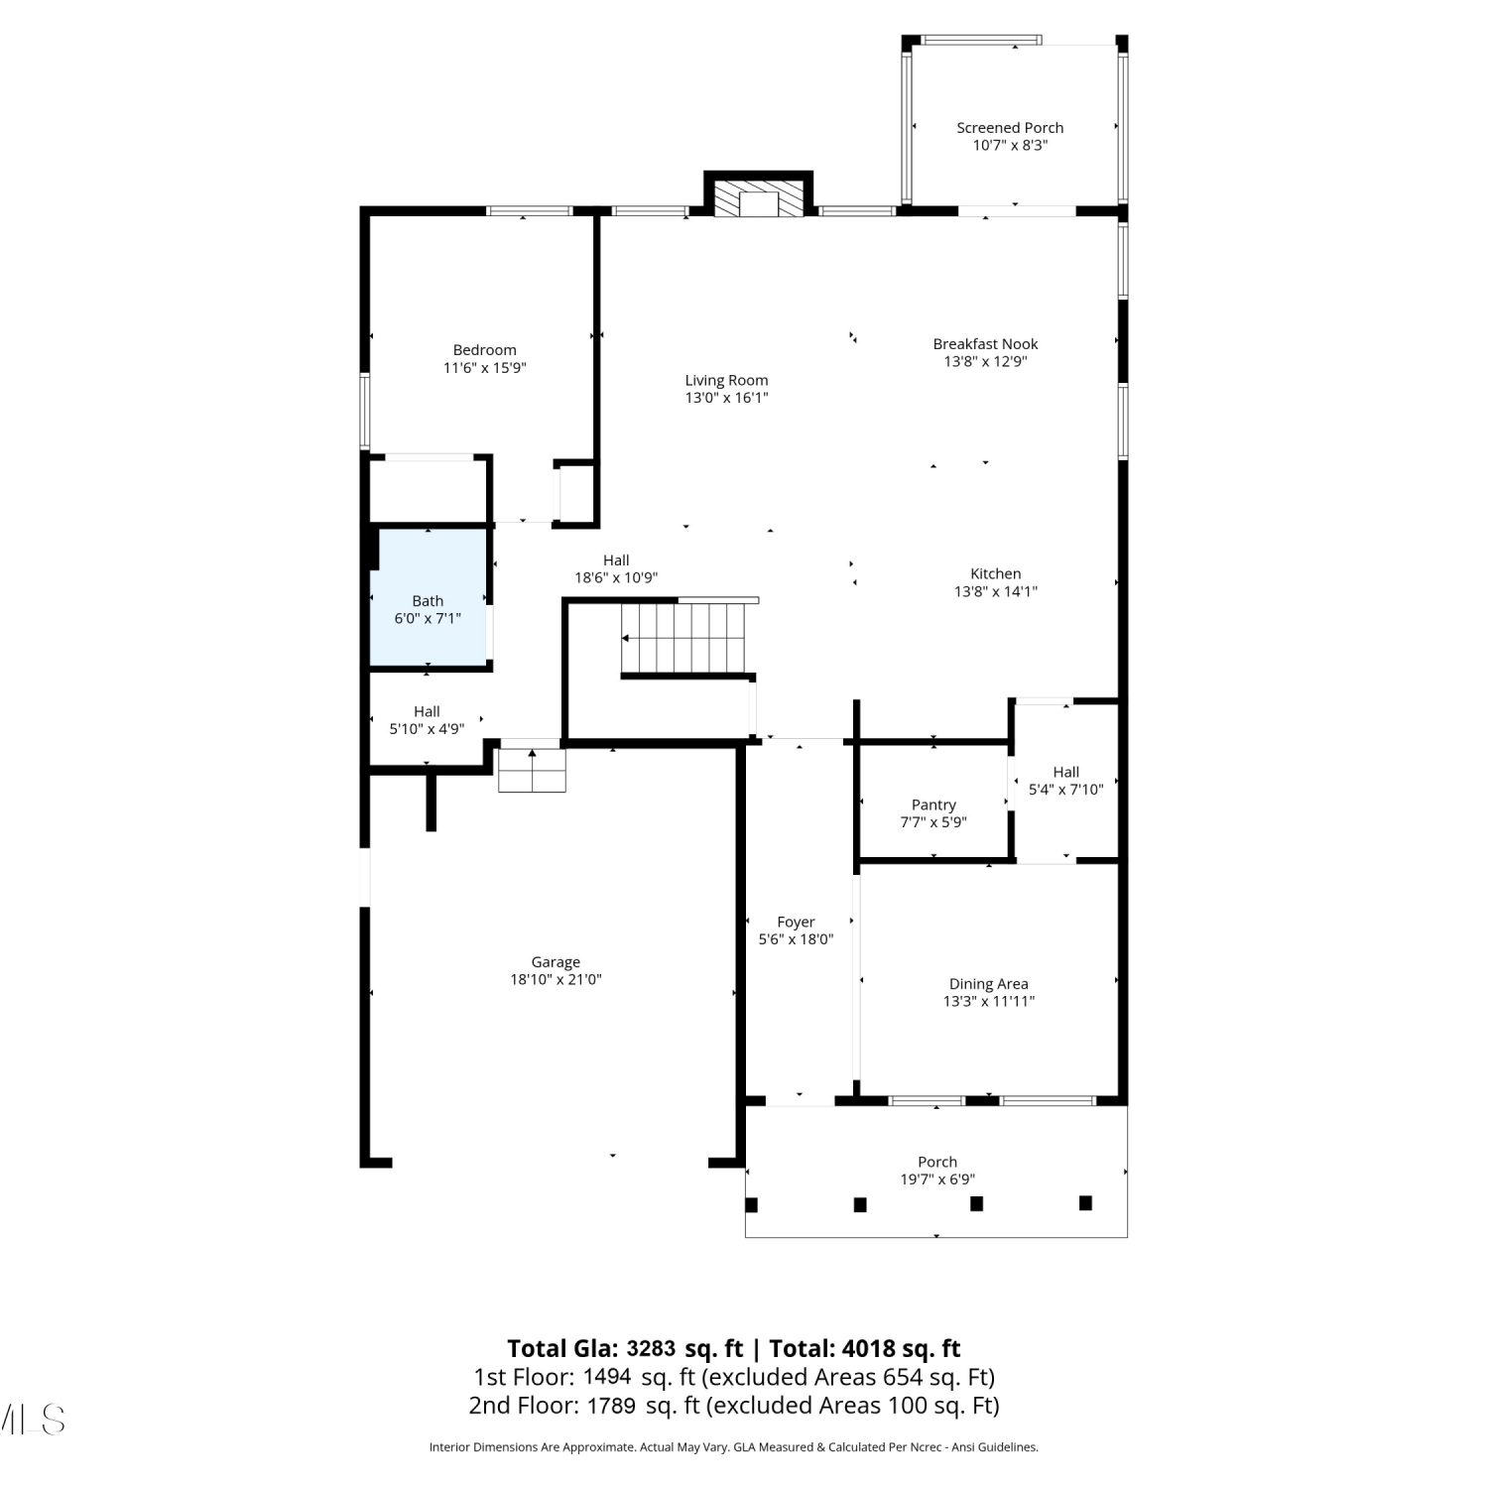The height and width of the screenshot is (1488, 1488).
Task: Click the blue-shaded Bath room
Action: [429, 597]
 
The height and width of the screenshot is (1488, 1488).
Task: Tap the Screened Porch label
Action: [1010, 128]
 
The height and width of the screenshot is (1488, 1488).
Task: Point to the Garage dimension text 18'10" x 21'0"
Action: [556, 980]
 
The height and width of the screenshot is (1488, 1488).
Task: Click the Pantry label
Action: [933, 806]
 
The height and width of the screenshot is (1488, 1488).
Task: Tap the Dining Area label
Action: [989, 984]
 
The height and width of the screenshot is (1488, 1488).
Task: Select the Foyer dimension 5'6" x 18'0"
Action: [796, 939]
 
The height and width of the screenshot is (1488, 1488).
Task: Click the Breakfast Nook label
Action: [985, 344]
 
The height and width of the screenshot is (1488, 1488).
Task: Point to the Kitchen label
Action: [996, 573]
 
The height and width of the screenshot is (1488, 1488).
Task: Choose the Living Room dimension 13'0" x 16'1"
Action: [727, 398]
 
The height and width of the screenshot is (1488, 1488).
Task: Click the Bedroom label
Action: [485, 350]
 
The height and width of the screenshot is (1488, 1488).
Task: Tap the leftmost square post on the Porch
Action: [751, 1204]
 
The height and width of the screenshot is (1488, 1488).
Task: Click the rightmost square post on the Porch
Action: [1085, 1203]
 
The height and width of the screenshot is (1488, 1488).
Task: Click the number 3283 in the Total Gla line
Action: [651, 1349]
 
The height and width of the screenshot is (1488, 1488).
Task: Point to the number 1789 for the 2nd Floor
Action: [611, 1406]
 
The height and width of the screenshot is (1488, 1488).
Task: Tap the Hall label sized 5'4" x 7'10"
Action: [1066, 772]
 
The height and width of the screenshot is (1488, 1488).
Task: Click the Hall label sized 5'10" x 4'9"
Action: [427, 711]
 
